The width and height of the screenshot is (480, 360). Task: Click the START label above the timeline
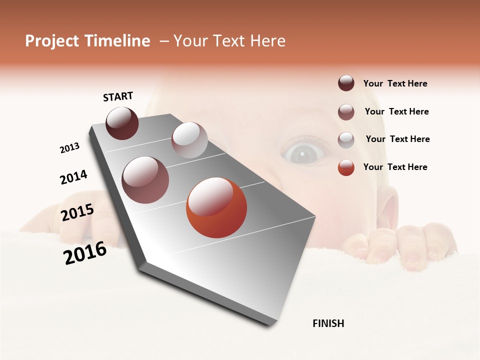tap(118, 96)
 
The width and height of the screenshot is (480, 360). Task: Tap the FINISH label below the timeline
tap(328, 323)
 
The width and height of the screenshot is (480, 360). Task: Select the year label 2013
tap(70, 148)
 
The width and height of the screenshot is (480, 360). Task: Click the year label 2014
tap(73, 177)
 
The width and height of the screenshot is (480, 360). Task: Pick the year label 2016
tap(85, 253)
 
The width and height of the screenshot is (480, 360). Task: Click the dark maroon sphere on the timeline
tap(122, 123)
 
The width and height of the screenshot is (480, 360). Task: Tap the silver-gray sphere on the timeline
tap(189, 140)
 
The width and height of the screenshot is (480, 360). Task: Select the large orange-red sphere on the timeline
tap(216, 208)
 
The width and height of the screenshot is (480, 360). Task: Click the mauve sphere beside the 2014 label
tap(145, 180)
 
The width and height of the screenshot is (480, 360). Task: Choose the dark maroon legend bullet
tap(346, 83)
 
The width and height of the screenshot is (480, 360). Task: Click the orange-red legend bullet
tap(346, 167)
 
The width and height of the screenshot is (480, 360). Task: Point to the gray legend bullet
tap(346, 140)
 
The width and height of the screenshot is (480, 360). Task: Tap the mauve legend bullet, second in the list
tap(346, 112)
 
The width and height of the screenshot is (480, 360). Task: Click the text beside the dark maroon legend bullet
tap(395, 83)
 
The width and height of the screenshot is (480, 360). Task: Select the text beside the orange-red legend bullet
tap(395, 167)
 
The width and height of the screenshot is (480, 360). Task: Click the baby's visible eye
tap(303, 153)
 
